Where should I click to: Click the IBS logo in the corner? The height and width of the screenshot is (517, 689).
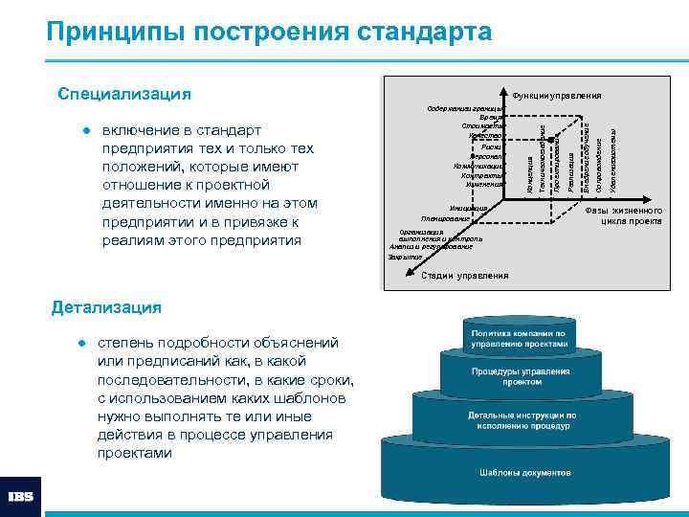click(x=20, y=497)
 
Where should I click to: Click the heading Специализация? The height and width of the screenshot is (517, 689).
click(x=124, y=94)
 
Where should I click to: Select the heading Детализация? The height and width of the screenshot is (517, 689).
click(x=106, y=307)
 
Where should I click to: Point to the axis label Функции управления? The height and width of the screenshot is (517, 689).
click(x=557, y=96)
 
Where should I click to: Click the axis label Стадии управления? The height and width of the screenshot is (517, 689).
click(x=465, y=277)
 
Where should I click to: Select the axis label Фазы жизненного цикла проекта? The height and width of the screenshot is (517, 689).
click(x=623, y=215)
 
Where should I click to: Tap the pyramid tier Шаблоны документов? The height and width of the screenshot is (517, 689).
click(x=525, y=473)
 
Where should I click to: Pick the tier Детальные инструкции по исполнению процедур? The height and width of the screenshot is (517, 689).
click(x=522, y=421)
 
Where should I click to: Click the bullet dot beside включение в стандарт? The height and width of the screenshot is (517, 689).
click(x=84, y=129)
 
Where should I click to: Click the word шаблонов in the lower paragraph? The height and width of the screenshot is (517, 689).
click(x=297, y=398)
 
